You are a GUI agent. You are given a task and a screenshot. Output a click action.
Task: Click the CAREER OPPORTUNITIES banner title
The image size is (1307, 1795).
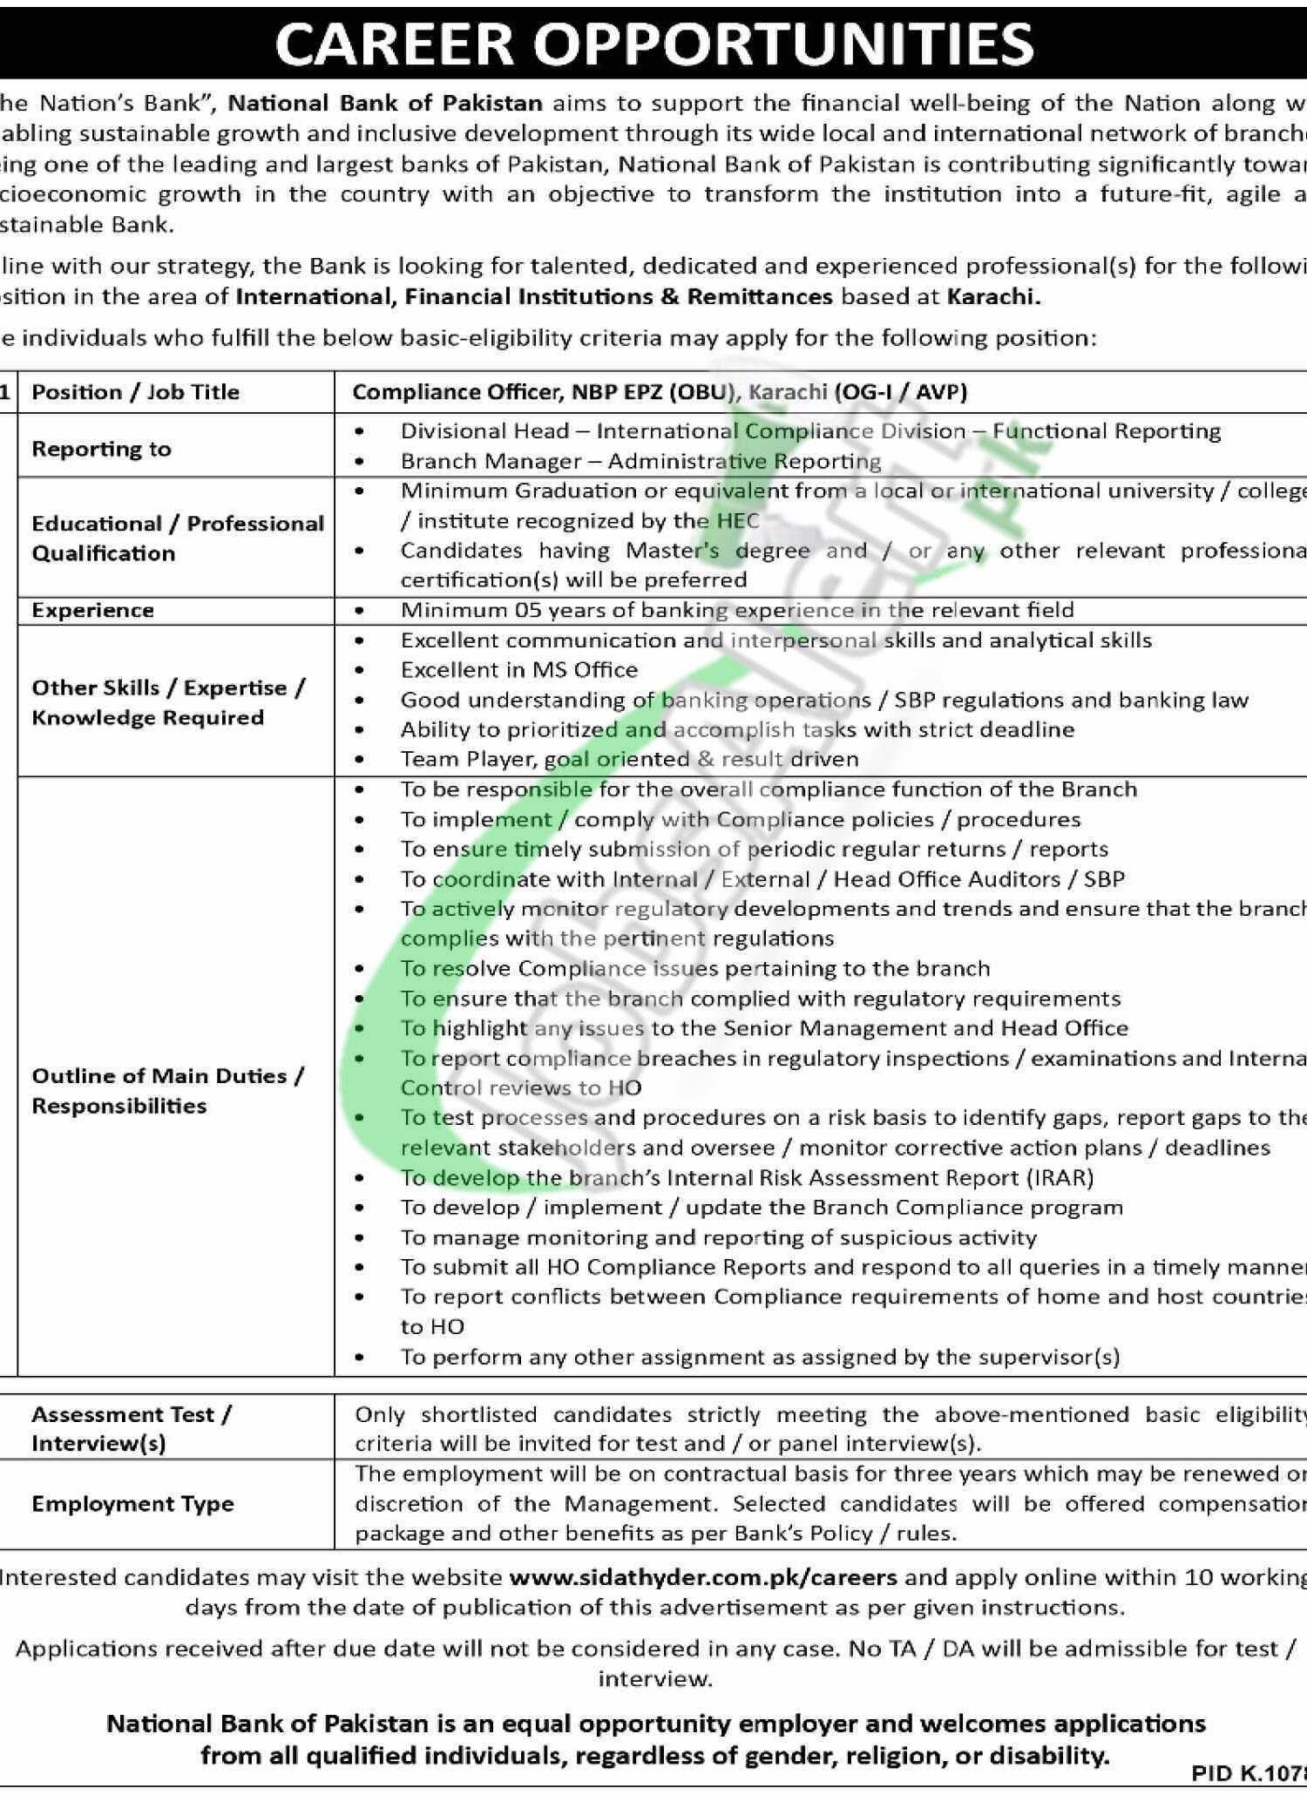[653, 44]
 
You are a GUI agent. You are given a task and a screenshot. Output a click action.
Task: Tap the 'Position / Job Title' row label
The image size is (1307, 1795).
[135, 392]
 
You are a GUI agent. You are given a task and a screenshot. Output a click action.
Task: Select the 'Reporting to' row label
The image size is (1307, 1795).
[101, 449]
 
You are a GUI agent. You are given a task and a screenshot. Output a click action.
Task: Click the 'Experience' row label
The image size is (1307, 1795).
[92, 610]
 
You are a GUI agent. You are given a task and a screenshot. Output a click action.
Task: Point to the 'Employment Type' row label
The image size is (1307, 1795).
[132, 1503]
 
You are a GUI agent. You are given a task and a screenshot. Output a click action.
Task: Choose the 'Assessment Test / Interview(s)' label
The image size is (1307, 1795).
[131, 1428]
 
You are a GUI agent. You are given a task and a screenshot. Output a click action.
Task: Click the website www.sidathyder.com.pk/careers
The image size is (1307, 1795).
[702, 1577]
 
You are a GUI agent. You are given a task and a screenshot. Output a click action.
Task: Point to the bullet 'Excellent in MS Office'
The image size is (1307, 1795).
[519, 670]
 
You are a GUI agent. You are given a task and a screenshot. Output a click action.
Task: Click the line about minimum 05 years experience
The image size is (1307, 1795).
[736, 610]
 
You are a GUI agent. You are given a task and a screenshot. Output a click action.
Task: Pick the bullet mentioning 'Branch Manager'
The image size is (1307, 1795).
[640, 461]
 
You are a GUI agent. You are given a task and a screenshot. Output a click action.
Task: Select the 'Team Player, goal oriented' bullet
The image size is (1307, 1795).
[629, 760]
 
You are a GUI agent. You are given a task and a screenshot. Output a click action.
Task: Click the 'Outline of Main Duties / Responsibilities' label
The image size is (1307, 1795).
[167, 1091]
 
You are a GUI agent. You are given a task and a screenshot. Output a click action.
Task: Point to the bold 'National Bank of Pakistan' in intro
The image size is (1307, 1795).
[385, 104]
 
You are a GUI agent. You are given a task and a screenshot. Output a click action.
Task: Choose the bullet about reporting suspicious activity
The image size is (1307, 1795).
[719, 1237]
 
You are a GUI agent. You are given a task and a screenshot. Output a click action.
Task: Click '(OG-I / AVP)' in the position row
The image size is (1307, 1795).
[900, 392]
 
